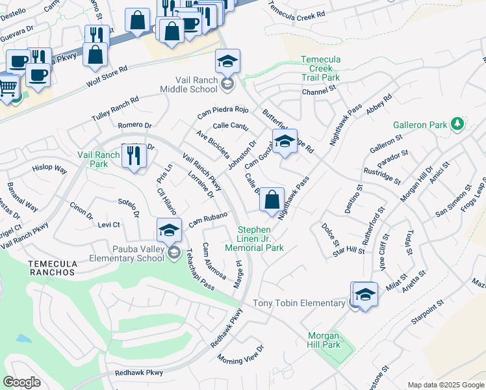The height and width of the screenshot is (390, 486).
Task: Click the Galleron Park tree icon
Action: tap(458, 123)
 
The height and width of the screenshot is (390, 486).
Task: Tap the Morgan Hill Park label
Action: tap(324, 340)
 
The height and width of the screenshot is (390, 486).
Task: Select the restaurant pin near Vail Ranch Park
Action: tap(134, 156)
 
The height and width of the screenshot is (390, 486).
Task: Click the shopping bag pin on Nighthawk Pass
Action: tap(272, 199)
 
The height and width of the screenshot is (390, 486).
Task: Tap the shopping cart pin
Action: tap(8, 86)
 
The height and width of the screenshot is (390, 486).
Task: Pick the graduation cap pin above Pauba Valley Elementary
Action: tap(169, 230)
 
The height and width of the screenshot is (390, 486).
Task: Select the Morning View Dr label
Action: tap(241, 354)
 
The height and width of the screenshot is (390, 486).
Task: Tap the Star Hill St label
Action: tap(349, 250)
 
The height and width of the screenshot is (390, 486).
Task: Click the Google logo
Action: tap(21, 382)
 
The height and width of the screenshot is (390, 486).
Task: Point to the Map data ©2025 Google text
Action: tap(446, 385)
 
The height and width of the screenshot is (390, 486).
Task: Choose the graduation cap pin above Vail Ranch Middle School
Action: tap(227, 61)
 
